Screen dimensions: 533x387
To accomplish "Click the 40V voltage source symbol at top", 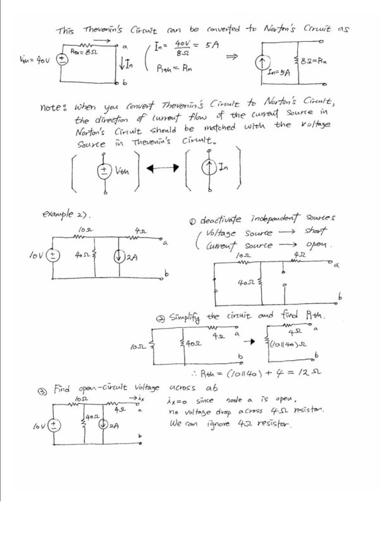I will tap(63, 61).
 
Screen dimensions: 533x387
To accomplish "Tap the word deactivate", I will tap(222, 220).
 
